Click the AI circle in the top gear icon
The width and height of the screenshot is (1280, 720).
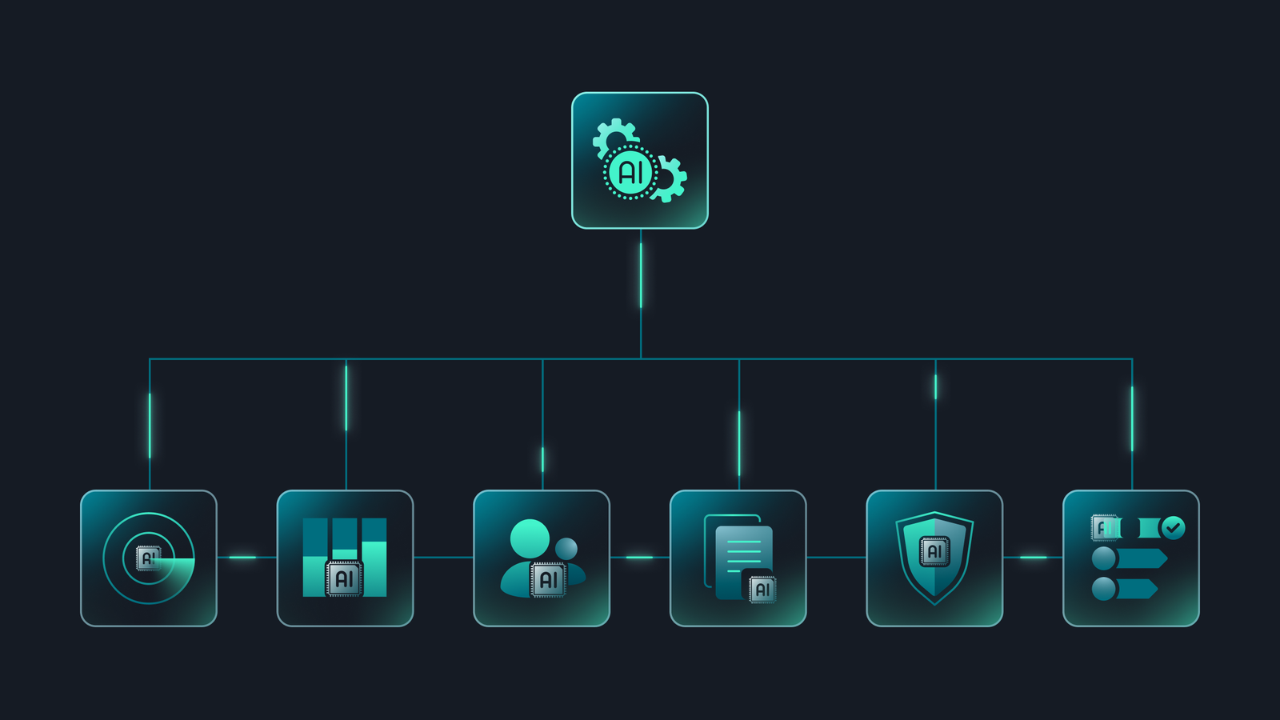631,171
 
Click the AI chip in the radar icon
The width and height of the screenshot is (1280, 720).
149,558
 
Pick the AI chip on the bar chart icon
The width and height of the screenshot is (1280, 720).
344,579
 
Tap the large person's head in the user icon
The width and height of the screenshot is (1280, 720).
530,538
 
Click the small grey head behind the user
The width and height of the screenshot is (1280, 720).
566,549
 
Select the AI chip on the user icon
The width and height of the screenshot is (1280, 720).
549,580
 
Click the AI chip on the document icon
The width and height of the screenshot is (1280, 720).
763,590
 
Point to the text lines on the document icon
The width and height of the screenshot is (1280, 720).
743,556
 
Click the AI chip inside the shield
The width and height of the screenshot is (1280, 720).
934,551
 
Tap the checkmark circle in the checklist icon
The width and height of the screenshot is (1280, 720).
1173,528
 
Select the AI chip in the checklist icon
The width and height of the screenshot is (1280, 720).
1105,528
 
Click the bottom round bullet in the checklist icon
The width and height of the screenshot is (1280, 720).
1104,589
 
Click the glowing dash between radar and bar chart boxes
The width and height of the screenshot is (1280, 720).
242,557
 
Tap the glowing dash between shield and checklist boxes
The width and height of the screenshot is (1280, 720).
1033,557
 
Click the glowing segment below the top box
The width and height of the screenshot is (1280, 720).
641,275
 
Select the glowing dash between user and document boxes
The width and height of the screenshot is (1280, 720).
639,557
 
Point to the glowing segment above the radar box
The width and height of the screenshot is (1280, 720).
150,426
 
